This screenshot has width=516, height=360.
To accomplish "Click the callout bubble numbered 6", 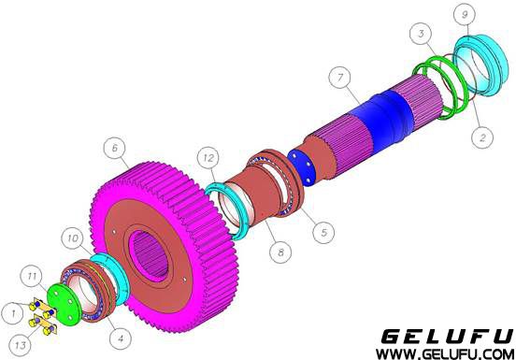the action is coord(115,149).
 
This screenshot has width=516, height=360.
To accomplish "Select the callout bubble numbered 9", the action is coord(465,15).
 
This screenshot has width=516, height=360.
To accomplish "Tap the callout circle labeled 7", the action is coord(340,78).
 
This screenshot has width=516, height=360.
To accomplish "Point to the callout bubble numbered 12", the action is coord(208,158).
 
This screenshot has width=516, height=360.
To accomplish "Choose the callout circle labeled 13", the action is coord(20,345).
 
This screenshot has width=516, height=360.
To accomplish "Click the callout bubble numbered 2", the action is coord(482,137).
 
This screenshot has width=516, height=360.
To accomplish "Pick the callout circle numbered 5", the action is coord(323,232).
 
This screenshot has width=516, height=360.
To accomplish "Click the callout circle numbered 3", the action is coord(422,34).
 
